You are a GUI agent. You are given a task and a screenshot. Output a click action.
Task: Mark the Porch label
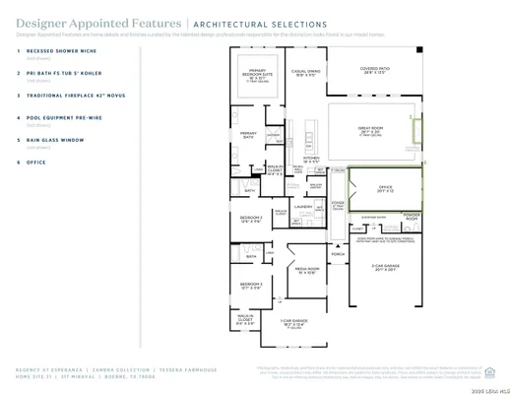click(338, 253)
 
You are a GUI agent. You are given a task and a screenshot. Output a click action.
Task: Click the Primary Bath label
click(248, 133)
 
